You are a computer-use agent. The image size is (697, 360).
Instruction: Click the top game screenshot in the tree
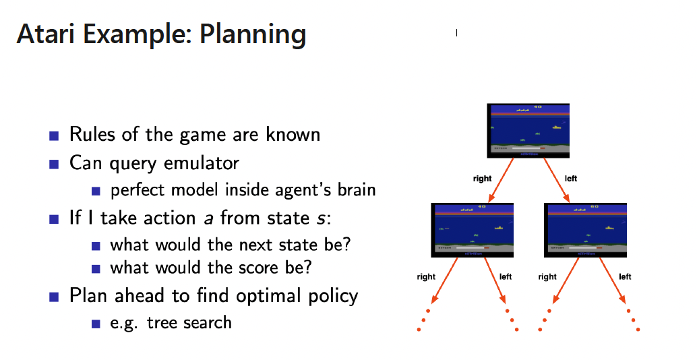[x=529, y=131]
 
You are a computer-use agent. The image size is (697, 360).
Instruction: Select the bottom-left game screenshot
[x=472, y=229]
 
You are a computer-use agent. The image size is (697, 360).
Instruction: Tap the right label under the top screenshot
[x=483, y=179]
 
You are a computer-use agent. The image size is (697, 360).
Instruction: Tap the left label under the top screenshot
[x=570, y=179]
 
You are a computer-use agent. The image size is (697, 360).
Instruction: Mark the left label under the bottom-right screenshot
[x=625, y=276]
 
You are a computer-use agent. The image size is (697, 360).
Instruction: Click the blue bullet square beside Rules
[x=54, y=135]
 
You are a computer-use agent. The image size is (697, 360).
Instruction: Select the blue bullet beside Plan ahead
[x=54, y=297]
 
